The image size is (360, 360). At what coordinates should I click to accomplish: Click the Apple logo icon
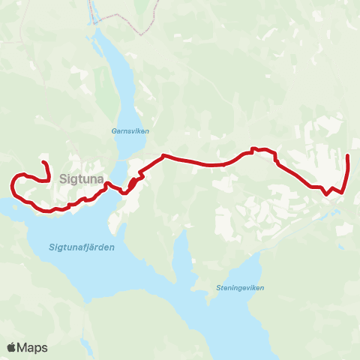(x=12, y=347)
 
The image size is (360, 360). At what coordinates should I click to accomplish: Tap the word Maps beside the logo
(x=32, y=348)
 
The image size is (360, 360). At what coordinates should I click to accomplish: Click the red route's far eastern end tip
(x=348, y=155)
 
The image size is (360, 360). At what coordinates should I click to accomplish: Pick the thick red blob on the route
(x=133, y=182)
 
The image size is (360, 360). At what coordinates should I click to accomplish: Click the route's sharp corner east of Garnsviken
(x=163, y=156)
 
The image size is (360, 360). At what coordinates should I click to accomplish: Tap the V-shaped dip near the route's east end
(x=327, y=193)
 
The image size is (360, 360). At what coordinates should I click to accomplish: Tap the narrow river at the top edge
(x=93, y=11)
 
